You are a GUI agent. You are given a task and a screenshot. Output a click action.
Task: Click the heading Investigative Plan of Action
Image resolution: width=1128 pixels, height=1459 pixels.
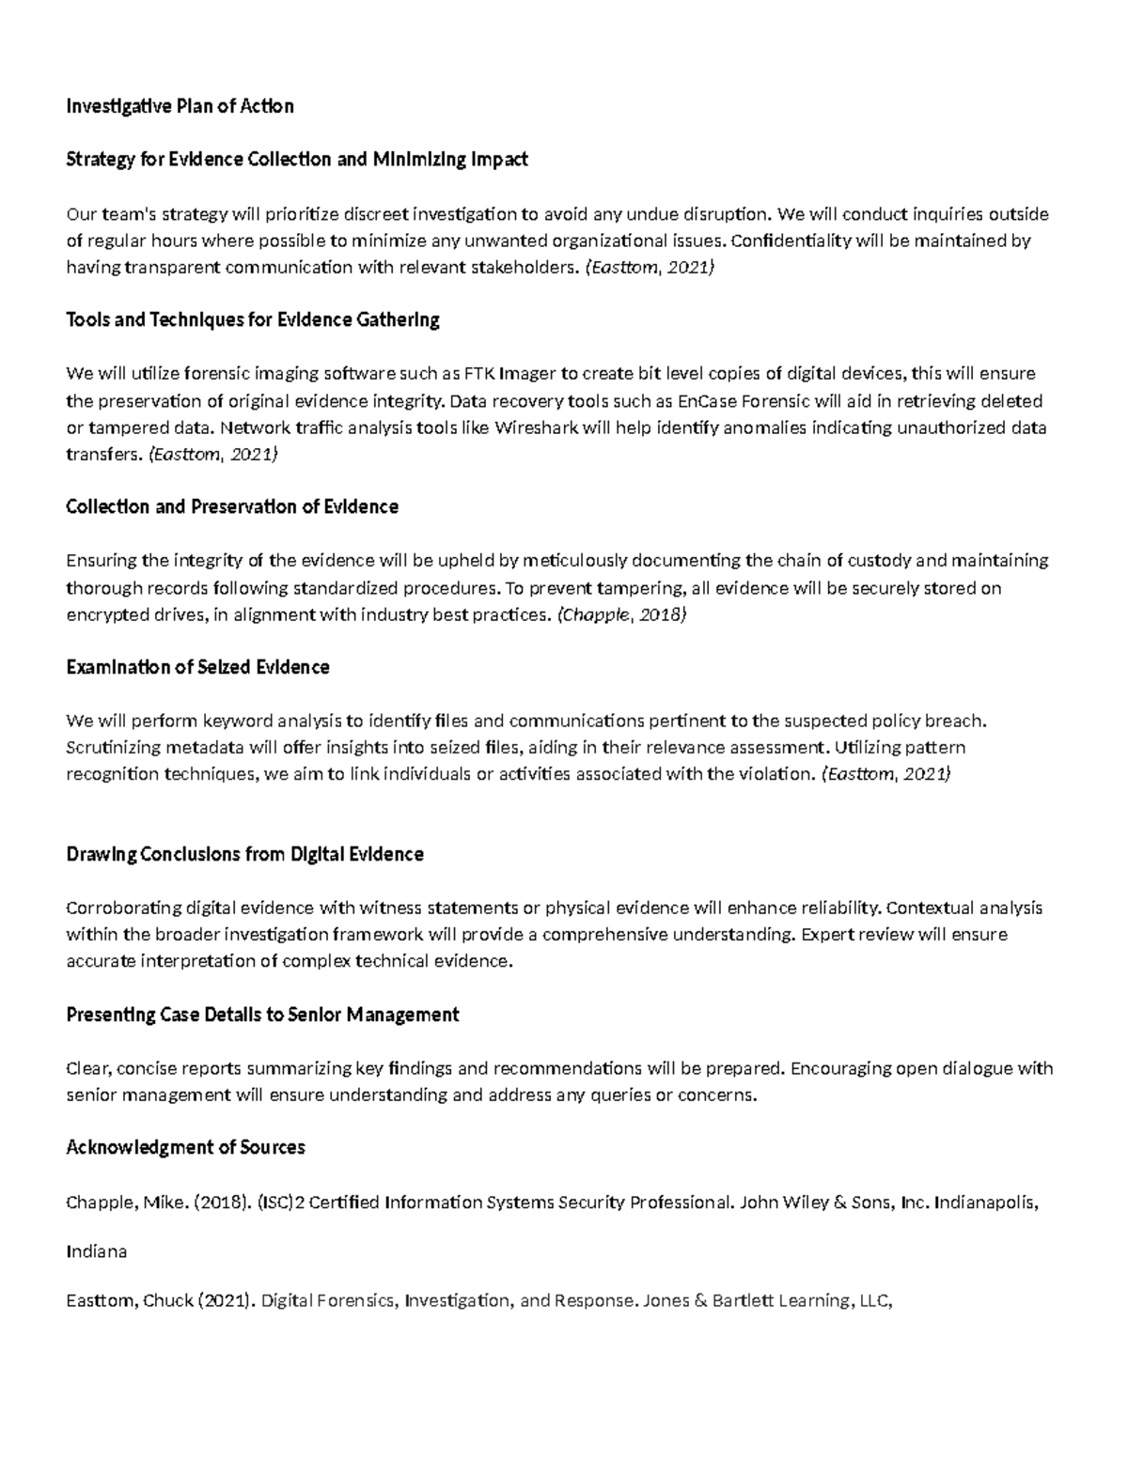click(180, 106)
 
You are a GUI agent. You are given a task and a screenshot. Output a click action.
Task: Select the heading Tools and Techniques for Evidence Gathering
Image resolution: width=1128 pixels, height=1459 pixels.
click(253, 319)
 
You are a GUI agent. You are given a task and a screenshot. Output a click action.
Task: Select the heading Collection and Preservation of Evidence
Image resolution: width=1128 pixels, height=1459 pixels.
click(232, 506)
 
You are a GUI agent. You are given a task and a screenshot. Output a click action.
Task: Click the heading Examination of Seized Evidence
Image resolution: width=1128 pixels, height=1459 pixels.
click(197, 667)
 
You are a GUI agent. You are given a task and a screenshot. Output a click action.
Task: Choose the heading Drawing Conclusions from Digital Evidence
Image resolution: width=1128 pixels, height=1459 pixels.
click(244, 854)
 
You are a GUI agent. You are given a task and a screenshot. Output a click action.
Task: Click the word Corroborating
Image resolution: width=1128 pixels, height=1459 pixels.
click(123, 908)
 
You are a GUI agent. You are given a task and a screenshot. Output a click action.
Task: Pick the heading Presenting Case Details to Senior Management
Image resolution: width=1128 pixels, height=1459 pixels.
click(262, 1015)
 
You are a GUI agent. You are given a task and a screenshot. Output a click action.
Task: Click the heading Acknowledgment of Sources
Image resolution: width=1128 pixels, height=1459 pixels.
click(185, 1147)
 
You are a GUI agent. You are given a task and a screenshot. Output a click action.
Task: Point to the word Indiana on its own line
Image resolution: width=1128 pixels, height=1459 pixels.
click(96, 1251)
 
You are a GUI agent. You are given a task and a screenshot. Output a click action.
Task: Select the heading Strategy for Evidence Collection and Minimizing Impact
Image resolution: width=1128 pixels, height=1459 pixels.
click(296, 159)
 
